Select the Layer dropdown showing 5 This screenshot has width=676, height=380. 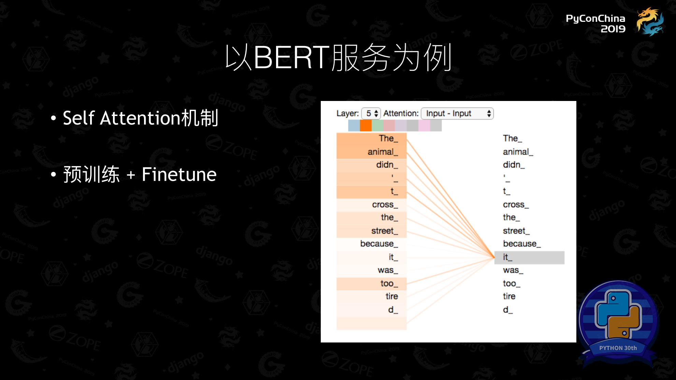[371, 113]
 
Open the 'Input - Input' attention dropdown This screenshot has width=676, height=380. [457, 113]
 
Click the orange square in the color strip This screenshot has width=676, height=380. [365, 126]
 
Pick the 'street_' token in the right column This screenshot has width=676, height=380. [516, 231]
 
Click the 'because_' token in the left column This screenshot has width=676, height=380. [379, 244]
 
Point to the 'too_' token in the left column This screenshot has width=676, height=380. [389, 283]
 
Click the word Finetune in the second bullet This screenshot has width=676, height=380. [179, 175]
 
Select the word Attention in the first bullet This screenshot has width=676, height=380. [140, 118]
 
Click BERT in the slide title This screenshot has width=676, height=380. [292, 57]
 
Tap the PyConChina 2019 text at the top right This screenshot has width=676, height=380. [595, 23]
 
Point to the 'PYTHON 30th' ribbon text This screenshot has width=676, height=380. [618, 348]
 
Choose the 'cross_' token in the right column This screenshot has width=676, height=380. [516, 205]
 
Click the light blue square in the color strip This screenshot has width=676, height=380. [354, 126]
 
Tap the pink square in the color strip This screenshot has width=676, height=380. [424, 126]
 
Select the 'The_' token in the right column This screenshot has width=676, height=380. [512, 138]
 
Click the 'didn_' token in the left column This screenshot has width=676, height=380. [387, 165]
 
